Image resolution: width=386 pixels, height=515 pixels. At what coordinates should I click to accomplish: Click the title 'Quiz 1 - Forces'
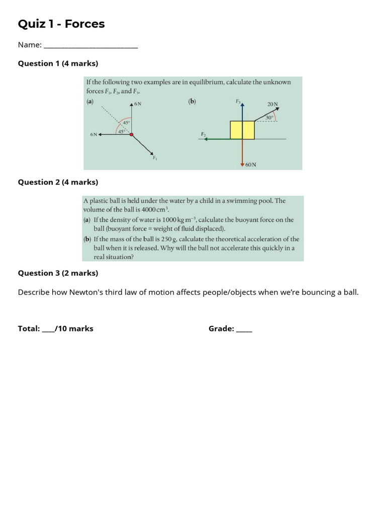[x=61, y=24]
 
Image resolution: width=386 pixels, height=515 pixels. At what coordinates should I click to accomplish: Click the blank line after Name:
[x=90, y=45]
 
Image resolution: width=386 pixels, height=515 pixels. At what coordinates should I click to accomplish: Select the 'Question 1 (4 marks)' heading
[x=58, y=63]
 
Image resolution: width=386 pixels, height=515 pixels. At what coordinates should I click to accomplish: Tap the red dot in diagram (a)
[x=132, y=134]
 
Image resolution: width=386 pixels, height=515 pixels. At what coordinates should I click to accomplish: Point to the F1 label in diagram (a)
[x=155, y=158]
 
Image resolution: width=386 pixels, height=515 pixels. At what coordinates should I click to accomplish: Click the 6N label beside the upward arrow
[x=138, y=104]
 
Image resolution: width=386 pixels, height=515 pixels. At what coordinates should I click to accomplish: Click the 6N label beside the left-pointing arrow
[x=93, y=135]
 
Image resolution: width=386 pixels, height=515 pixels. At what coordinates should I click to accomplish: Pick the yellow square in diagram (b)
[x=242, y=130]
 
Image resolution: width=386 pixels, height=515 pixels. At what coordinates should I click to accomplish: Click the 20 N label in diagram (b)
[x=272, y=104]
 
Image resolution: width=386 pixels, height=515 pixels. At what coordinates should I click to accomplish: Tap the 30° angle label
[x=270, y=117]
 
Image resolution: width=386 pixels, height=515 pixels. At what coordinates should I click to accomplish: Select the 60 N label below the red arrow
[x=251, y=164]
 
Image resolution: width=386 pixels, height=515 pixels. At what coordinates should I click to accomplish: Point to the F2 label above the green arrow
[x=203, y=134]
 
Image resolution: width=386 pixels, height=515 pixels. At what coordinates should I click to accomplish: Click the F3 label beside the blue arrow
[x=238, y=101]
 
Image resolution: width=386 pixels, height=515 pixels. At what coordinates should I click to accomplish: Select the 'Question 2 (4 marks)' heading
[x=58, y=182]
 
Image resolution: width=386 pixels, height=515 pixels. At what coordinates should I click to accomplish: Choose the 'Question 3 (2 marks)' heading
[x=58, y=273]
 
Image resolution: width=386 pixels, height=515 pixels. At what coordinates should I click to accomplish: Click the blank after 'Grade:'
[x=244, y=329]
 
